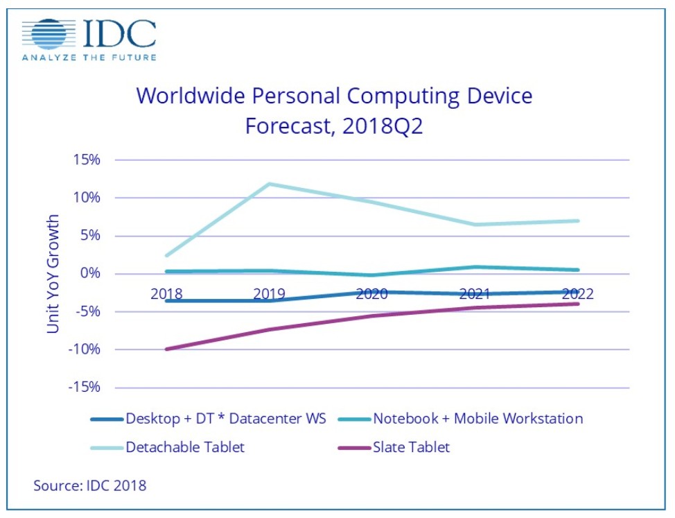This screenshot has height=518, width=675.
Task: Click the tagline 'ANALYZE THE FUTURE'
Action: [x=89, y=57]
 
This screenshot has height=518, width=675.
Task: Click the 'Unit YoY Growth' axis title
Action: [x=53, y=274]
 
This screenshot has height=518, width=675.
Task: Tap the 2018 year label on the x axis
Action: [x=166, y=294]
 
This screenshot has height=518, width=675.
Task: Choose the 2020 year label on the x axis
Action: [x=371, y=294]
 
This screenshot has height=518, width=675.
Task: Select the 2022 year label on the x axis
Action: [x=577, y=294]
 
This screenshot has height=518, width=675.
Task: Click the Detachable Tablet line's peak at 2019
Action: [x=270, y=184]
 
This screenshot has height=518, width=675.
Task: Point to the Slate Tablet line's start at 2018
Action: [x=166, y=349]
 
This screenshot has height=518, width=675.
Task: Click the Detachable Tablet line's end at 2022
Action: [x=578, y=221]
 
